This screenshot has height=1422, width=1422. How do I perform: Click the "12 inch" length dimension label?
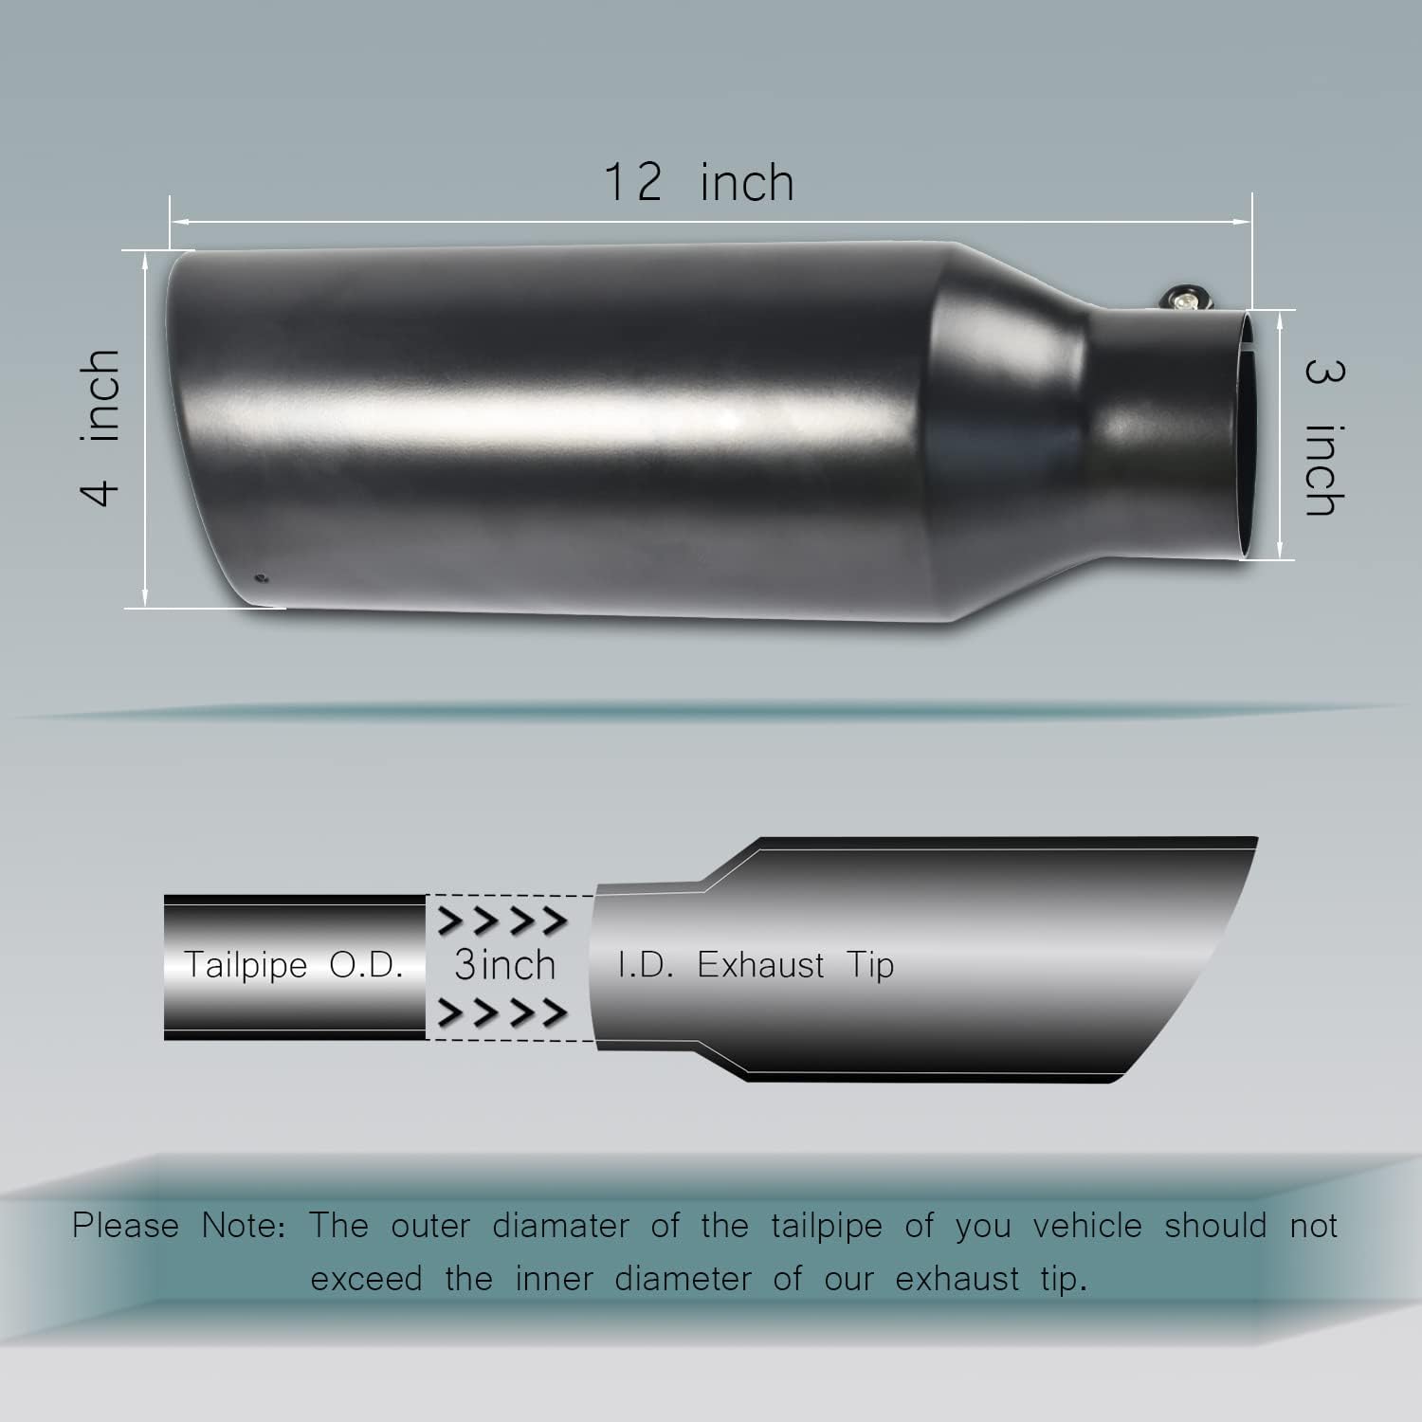coord(700,182)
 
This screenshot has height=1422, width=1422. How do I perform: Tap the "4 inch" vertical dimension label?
coord(100,427)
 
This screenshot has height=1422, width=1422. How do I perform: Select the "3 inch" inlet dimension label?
coord(1324,437)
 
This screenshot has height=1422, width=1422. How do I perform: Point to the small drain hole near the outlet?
coord(262,577)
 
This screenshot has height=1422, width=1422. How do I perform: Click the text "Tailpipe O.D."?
coord(294,965)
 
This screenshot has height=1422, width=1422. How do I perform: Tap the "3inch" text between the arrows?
coord(504,965)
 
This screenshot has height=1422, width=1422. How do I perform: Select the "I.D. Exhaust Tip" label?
coord(756,965)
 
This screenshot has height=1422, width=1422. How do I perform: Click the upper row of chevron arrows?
coord(504,921)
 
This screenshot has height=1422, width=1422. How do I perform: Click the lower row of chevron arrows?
coord(504,1013)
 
